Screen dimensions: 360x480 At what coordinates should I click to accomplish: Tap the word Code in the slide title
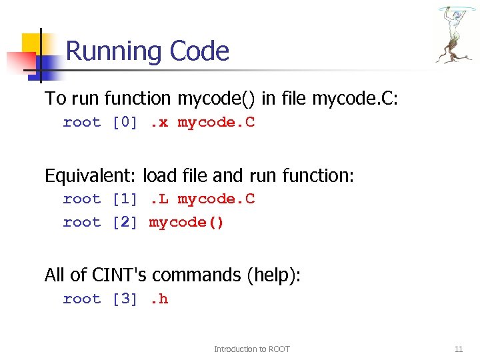click(x=199, y=51)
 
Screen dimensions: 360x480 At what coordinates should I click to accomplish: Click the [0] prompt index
click(x=125, y=122)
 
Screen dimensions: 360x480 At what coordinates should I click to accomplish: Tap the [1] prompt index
click(x=125, y=199)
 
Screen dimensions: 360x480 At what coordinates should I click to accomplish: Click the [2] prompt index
click(x=125, y=222)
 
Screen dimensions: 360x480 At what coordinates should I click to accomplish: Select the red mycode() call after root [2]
click(x=187, y=222)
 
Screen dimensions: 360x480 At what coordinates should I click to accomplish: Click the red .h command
click(x=159, y=299)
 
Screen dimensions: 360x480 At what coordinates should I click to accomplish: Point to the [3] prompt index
click(x=125, y=299)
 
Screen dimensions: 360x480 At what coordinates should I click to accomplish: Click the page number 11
click(x=458, y=349)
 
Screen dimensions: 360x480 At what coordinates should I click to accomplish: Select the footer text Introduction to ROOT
click(x=251, y=349)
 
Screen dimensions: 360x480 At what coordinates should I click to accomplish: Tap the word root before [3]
click(x=81, y=299)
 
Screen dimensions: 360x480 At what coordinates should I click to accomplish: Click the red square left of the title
click(x=16, y=62)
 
